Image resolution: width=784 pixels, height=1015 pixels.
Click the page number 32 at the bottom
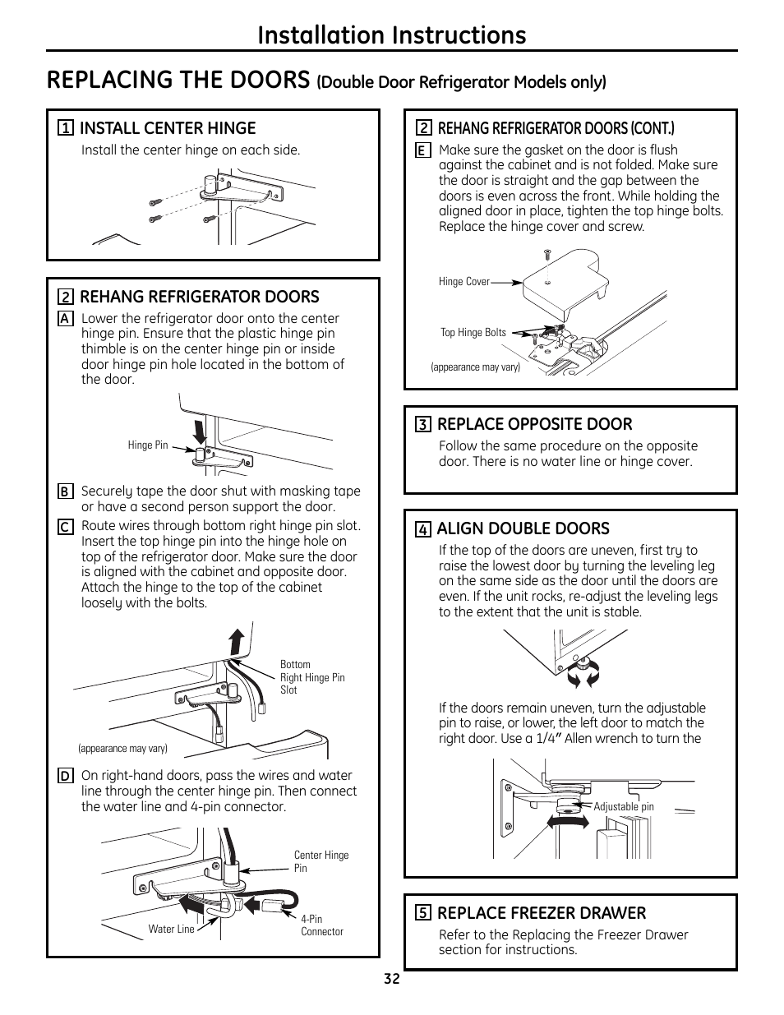391,979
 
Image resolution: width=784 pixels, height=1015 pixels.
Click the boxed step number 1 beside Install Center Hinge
65,128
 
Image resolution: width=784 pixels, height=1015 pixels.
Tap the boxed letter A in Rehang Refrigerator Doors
65,319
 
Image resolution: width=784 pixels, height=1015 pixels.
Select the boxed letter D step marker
65,776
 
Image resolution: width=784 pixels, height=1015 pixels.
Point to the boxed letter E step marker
422,150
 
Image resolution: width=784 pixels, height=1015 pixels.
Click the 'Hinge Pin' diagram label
148,445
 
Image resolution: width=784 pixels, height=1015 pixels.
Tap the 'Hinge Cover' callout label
464,282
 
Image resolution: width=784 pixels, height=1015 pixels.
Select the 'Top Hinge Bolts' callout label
473,333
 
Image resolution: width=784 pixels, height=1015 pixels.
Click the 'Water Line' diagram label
172,930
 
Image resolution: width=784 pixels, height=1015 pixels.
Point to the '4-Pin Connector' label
322,925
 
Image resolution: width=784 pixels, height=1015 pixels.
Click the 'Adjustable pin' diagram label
624,807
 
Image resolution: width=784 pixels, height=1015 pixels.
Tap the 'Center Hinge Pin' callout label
321,861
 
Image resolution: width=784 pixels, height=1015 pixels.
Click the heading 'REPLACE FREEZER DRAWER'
542,913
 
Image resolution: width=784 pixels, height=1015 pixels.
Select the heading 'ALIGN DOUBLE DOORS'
523,528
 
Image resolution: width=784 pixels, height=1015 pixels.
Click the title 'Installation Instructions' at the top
391,35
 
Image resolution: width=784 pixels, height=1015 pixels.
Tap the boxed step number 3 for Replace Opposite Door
422,425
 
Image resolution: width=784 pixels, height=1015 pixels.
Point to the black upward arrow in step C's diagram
237,641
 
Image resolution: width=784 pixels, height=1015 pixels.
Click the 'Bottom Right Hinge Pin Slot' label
312,677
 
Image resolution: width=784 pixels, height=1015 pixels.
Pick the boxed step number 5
422,913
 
